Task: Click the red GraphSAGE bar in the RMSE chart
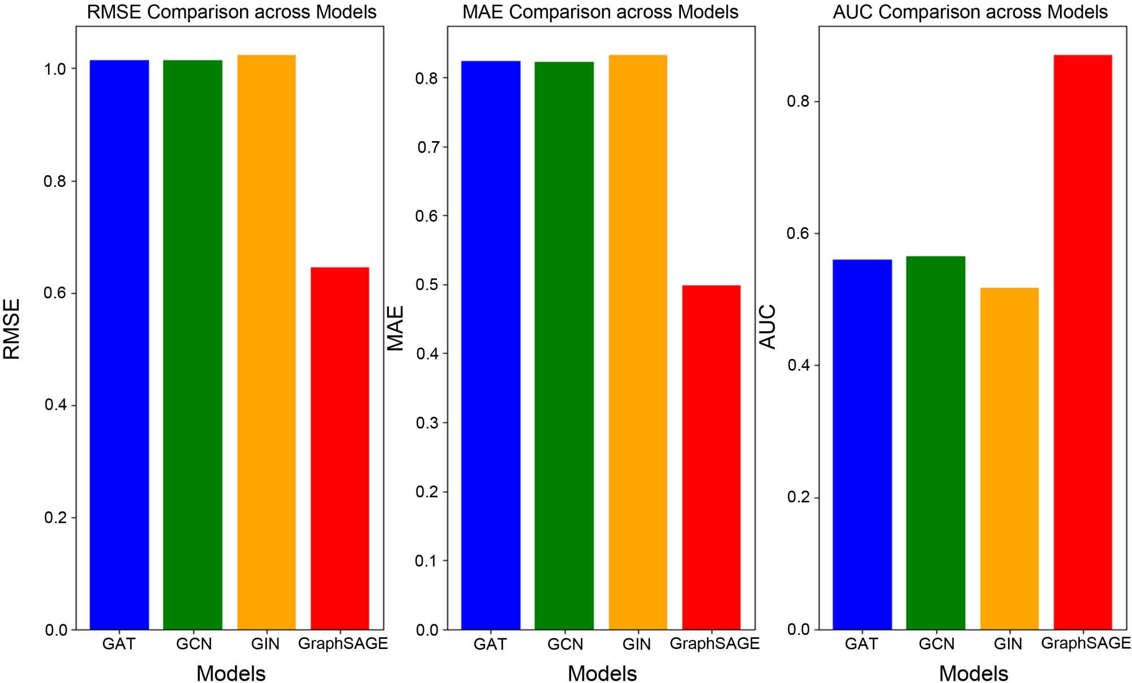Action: pyautogui.click(x=340, y=447)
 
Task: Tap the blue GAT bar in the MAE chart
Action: pyautogui.click(x=490, y=345)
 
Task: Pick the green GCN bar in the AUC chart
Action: pyautogui.click(x=935, y=442)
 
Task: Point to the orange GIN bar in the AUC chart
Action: pyautogui.click(x=1009, y=458)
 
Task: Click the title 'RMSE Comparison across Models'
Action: pyautogui.click(x=231, y=12)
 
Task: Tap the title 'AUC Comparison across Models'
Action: pyautogui.click(x=970, y=12)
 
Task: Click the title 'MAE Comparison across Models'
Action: pyautogui.click(x=601, y=12)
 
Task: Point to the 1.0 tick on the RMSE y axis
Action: pyautogui.click(x=55, y=69)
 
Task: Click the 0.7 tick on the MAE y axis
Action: pyautogui.click(x=428, y=147)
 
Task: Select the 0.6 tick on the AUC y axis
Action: pyautogui.click(x=798, y=233)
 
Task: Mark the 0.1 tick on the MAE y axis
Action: pyautogui.click(x=427, y=561)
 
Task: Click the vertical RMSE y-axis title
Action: pyautogui.click(x=12, y=329)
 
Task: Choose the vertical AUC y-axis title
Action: pyautogui.click(x=767, y=327)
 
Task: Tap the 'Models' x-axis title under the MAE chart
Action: pyautogui.click(x=602, y=673)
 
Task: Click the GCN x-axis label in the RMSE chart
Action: pyautogui.click(x=194, y=644)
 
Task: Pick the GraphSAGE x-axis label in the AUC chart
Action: pyautogui.click(x=1086, y=643)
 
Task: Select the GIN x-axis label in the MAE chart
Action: pyautogui.click(x=637, y=644)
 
